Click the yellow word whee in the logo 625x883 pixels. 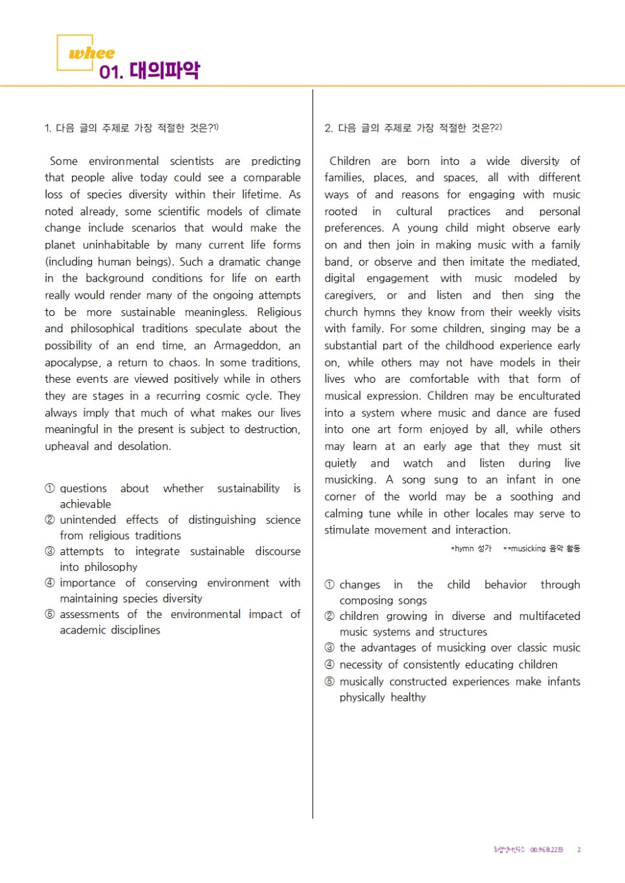point(92,53)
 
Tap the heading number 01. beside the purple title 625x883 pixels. point(111,72)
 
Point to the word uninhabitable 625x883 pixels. point(116,245)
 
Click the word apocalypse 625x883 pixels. point(72,363)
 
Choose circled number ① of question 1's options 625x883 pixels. point(50,489)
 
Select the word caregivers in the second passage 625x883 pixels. point(349,295)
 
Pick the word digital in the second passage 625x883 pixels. point(340,279)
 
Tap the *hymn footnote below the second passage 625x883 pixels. point(471,548)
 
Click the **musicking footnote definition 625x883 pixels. point(542,548)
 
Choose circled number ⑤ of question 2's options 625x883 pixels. point(329,681)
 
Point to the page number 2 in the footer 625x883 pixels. point(579,849)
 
